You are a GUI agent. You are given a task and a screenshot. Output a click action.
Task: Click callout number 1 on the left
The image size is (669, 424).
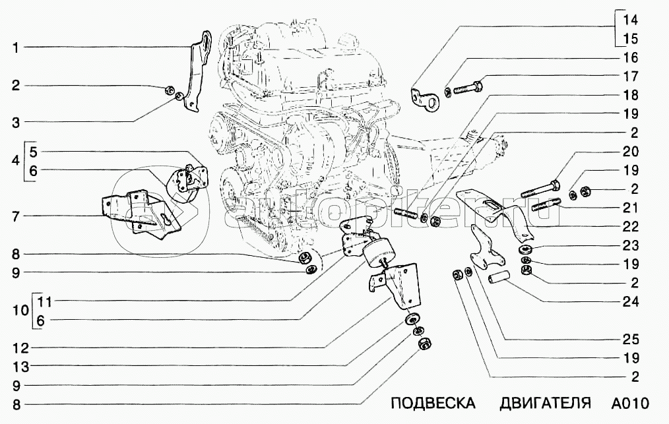[x=15, y=47]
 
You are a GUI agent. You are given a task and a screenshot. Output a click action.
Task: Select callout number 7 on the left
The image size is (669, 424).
[x=15, y=216]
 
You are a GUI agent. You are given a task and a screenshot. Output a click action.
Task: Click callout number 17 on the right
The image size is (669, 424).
[x=631, y=75]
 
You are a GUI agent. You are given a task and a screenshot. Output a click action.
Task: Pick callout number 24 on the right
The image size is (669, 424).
[x=631, y=302]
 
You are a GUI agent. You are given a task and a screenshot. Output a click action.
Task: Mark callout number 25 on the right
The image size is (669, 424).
[x=631, y=340]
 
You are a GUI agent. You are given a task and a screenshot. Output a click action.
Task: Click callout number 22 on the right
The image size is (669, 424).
[x=631, y=226]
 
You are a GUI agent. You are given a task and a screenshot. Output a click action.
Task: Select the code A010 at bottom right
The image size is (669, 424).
[x=630, y=403]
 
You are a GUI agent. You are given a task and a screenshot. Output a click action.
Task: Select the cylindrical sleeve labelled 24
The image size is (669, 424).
[x=499, y=280]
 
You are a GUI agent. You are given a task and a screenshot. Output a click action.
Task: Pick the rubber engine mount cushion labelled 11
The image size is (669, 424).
[x=377, y=253]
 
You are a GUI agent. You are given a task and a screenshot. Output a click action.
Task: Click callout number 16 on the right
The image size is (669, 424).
[x=631, y=57]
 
